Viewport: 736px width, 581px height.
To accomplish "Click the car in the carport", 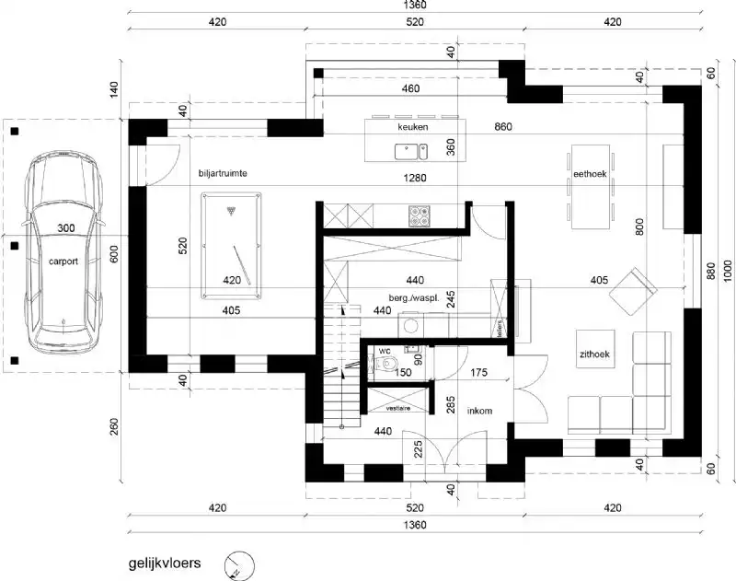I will click(x=63, y=253).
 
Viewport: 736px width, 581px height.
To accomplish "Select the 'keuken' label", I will click(x=413, y=127).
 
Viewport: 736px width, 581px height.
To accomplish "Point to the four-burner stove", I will click(x=420, y=215).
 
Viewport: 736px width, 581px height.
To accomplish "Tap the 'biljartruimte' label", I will click(x=224, y=173).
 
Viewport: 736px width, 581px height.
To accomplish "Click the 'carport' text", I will click(x=63, y=261).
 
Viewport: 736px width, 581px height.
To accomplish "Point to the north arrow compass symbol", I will click(x=237, y=564).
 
